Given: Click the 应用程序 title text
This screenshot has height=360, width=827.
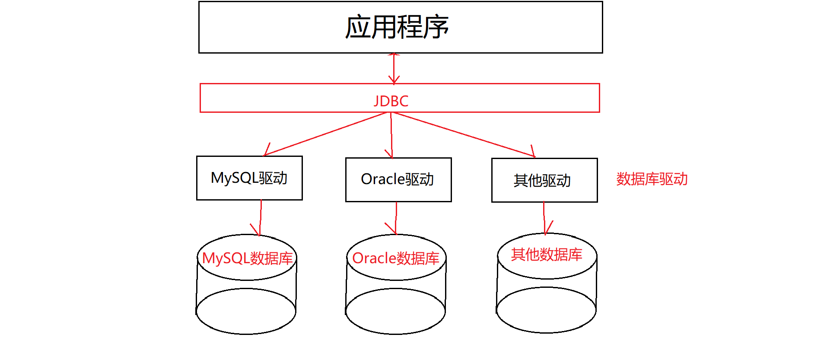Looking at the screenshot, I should click(x=397, y=27).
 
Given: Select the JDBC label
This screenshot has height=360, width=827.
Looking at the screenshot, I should click(x=391, y=101).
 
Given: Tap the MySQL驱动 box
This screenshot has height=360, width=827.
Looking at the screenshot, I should click(x=249, y=178).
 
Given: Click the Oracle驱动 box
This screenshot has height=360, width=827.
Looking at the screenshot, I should click(x=398, y=179).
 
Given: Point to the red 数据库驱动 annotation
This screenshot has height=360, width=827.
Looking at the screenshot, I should click(x=652, y=179).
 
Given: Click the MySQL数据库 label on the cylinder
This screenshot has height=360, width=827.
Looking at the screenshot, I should click(x=247, y=258).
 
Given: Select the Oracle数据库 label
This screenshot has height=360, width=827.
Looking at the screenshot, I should click(x=395, y=258).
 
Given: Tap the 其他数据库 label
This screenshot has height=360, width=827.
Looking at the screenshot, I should click(x=547, y=255).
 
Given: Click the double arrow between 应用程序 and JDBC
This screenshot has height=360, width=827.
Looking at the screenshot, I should click(x=394, y=68).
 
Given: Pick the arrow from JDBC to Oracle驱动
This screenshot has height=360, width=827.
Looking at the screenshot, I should click(x=391, y=135).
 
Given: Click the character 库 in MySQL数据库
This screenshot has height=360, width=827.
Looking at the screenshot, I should click(x=286, y=258).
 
